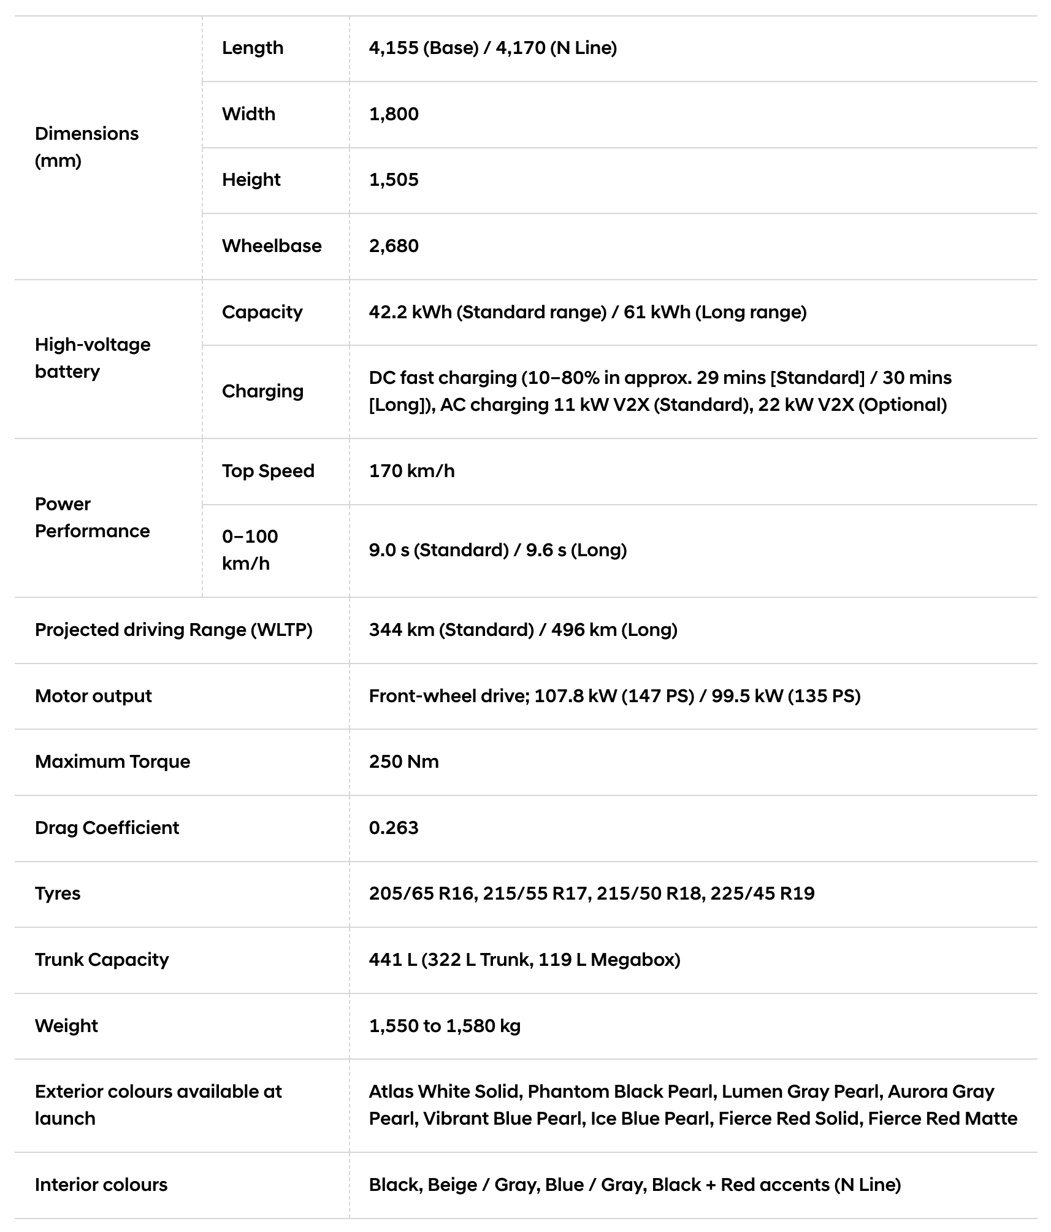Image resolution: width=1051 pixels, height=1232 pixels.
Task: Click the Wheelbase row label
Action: click(272, 246)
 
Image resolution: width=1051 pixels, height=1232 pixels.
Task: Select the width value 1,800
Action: click(394, 114)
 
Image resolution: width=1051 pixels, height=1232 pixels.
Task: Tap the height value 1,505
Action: click(394, 180)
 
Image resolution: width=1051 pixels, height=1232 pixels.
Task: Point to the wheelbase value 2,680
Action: click(394, 246)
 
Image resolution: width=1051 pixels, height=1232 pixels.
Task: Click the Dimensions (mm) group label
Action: click(86, 147)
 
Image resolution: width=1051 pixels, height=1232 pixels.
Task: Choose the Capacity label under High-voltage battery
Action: click(262, 312)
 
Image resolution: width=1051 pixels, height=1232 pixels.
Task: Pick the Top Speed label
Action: click(268, 471)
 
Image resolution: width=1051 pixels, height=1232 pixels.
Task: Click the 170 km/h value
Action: click(411, 471)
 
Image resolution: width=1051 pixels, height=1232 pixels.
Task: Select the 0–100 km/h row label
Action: click(250, 550)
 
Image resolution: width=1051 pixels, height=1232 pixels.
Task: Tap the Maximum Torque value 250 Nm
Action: click(403, 762)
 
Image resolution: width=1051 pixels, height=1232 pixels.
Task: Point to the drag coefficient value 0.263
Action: click(394, 828)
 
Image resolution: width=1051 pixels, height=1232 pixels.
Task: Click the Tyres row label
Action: click(58, 893)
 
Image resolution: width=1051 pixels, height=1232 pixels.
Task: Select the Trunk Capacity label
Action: click(102, 960)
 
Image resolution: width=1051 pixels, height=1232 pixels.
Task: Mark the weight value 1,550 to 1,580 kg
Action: click(445, 1026)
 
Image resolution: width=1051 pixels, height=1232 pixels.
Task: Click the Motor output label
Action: click(93, 696)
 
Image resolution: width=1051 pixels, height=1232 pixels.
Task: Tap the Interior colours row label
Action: click(101, 1185)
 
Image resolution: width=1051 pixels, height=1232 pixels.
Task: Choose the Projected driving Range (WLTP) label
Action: click(174, 630)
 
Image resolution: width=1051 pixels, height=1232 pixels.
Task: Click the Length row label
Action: click(253, 48)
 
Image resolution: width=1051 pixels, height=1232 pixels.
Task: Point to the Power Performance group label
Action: click(92, 518)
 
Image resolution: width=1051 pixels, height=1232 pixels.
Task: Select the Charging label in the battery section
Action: click(262, 391)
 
